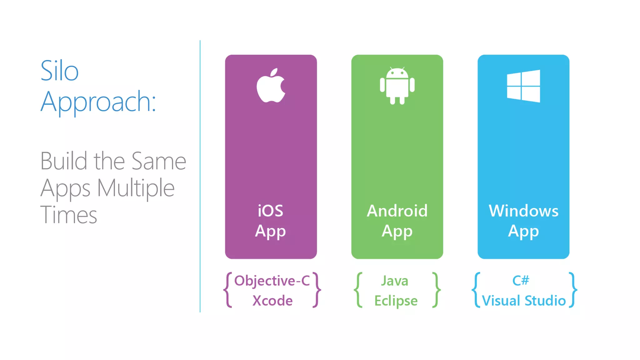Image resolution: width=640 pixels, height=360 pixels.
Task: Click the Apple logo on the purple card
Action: [x=271, y=86]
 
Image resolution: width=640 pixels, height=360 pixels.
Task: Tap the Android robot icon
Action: [x=397, y=86]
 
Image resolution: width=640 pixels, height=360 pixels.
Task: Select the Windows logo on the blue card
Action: [x=523, y=86]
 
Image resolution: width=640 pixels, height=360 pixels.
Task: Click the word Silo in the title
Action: [x=59, y=71]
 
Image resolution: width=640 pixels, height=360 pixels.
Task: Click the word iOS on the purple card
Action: [x=271, y=211]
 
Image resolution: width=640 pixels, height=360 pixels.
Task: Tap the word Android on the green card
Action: [x=397, y=211]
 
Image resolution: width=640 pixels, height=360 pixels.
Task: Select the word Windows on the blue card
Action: [x=523, y=211]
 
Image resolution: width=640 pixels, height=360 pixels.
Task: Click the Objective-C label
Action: [x=272, y=281]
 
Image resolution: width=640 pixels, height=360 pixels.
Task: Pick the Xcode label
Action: [x=272, y=301]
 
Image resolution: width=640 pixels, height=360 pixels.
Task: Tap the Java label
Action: [x=395, y=281]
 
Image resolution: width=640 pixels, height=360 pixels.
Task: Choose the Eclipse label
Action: [x=396, y=301]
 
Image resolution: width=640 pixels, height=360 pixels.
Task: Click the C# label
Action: [x=521, y=280]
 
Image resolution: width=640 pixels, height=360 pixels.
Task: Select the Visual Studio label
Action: [x=524, y=301]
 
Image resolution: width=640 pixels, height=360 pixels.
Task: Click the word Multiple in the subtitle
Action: [x=136, y=188]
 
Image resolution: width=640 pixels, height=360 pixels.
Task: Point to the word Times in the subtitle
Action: [x=69, y=215]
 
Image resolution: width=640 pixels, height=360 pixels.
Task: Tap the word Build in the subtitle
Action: [x=64, y=161]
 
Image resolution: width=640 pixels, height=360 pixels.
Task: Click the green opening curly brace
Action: [x=358, y=290]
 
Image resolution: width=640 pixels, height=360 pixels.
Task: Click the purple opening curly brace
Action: [x=228, y=290]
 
